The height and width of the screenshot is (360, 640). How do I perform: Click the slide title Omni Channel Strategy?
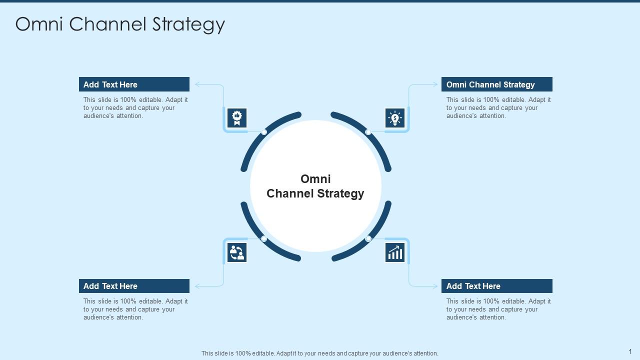tap(120, 24)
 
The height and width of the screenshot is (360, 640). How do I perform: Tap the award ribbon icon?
tap(237, 118)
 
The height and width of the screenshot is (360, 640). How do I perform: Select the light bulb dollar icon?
tap(395, 118)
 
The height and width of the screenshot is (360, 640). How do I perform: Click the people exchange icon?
tap(237, 252)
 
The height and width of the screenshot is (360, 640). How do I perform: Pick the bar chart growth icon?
tap(395, 252)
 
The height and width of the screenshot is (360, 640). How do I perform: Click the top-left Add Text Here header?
tap(134, 84)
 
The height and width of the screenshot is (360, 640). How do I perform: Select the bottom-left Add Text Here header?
tap(134, 286)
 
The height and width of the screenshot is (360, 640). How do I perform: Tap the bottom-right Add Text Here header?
tap(496, 286)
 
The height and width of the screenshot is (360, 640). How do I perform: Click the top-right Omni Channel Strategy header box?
tap(496, 84)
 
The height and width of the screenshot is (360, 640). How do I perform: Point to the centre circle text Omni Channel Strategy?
tap(315, 186)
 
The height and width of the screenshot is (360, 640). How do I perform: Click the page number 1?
tap(630, 352)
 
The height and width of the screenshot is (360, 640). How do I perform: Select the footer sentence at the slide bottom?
tap(320, 353)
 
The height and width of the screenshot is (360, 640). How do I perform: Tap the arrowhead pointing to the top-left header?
tap(197, 84)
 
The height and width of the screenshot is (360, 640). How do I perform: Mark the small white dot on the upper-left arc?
tap(264, 132)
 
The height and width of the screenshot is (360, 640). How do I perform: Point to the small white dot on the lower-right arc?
tap(368, 239)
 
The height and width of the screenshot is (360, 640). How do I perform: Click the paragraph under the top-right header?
tap(498, 108)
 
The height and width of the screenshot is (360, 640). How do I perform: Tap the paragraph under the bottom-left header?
tap(135, 309)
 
